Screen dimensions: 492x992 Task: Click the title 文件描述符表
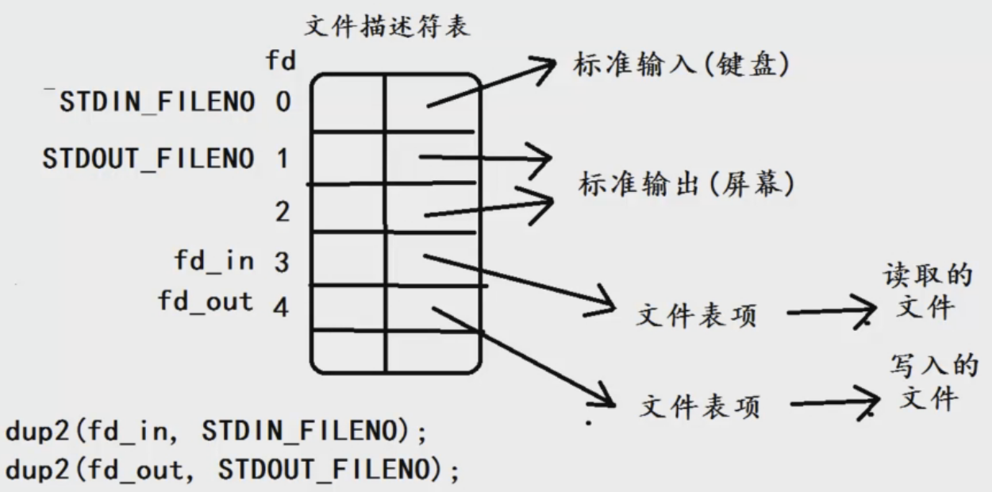pyautogui.click(x=387, y=27)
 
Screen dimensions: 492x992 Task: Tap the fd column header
pyautogui.click(x=281, y=60)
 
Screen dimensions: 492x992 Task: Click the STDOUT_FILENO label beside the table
pyautogui.click(x=149, y=159)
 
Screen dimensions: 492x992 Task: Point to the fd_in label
pyautogui.click(x=214, y=260)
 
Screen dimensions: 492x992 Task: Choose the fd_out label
pyautogui.click(x=206, y=302)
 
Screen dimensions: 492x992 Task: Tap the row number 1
pyautogui.click(x=283, y=159)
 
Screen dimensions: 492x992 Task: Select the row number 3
pyautogui.click(x=282, y=262)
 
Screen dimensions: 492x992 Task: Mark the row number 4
pyautogui.click(x=281, y=306)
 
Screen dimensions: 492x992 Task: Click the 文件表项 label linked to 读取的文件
pyautogui.click(x=697, y=316)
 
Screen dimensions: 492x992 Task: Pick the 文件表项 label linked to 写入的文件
pyautogui.click(x=699, y=406)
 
